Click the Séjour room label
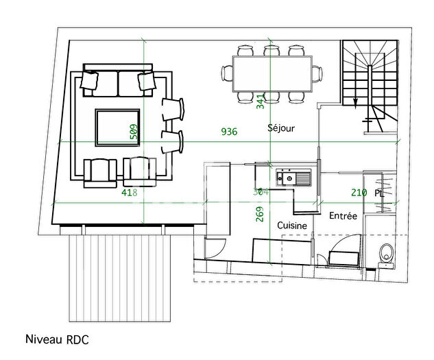280,128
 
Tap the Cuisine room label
292,225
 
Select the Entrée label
343,215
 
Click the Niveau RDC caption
57,339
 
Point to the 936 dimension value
228,132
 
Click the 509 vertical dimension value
134,132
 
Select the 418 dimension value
130,193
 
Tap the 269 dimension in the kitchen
260,215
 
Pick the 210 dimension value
359,193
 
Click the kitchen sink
294,178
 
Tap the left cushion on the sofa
90,81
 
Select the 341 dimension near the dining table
260,103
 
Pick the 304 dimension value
260,193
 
